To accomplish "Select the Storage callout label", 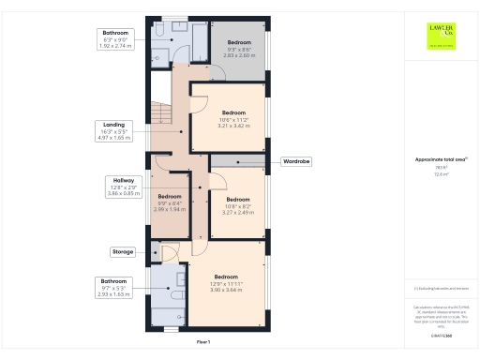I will pyautogui.click(x=124, y=252).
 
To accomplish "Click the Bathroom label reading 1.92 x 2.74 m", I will pyautogui.click(x=117, y=38).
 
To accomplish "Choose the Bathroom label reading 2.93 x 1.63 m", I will pyautogui.click(x=117, y=287).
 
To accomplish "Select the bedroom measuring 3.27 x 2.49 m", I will pyautogui.click(x=237, y=205).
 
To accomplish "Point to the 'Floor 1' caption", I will pyautogui.click(x=202, y=342).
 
